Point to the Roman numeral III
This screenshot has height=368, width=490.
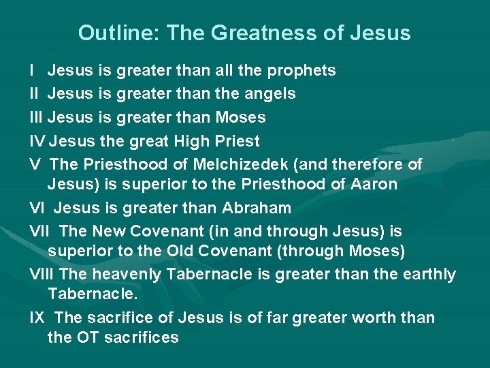tap(36, 117)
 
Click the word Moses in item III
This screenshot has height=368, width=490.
tap(240, 117)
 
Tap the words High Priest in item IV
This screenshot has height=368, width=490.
tap(217, 141)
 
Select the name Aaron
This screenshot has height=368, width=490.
tap(374, 184)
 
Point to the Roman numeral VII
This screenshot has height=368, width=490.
tap(40, 231)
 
